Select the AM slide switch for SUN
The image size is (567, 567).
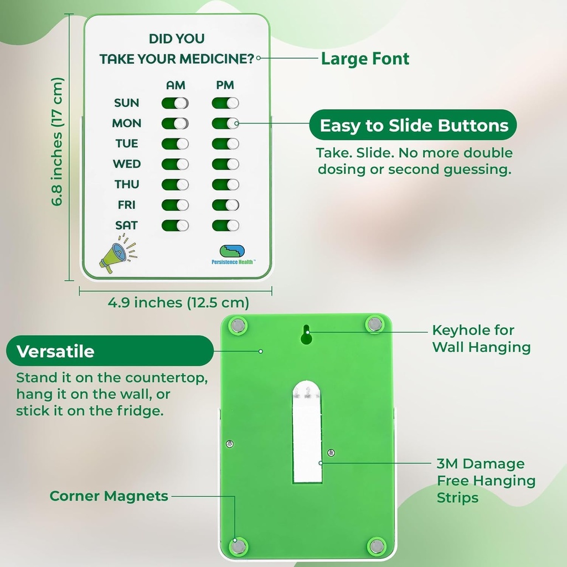coord(175,103)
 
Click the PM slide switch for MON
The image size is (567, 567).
coord(225,123)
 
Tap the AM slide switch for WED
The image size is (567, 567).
coord(175,164)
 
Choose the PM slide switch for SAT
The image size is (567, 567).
coord(225,225)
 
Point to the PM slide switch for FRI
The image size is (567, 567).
coord(225,205)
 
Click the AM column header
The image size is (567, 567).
coord(176,85)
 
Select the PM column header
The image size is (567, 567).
coord(225,85)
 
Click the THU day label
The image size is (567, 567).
coord(127,184)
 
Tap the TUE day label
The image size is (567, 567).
coord(127,144)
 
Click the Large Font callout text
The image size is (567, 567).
coord(365,59)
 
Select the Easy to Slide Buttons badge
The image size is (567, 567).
coord(414,126)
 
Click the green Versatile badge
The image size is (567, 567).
coord(110,351)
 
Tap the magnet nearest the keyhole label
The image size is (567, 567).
coord(375,324)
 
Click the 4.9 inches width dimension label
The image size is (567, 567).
coord(178,303)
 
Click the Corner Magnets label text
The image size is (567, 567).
coord(109,496)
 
